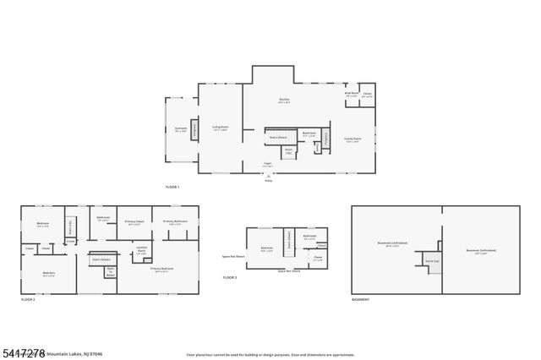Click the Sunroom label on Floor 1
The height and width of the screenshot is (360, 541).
click(180, 130)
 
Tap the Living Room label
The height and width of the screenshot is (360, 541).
click(221, 128)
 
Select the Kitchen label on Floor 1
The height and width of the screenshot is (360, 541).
click(285, 101)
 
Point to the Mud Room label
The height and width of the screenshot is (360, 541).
click(351, 95)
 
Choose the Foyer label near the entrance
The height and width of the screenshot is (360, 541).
click(267, 165)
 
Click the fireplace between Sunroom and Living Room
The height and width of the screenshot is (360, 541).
click(194, 130)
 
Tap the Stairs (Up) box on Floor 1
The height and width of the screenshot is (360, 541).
click(288, 152)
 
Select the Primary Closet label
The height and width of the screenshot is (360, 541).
click(134, 223)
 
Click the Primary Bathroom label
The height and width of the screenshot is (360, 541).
click(175, 222)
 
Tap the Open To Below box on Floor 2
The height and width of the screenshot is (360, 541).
click(110, 271)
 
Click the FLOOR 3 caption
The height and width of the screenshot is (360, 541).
click(230, 278)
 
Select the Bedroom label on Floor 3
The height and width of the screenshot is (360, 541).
click(266, 249)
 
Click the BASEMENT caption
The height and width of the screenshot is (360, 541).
click(360, 300)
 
